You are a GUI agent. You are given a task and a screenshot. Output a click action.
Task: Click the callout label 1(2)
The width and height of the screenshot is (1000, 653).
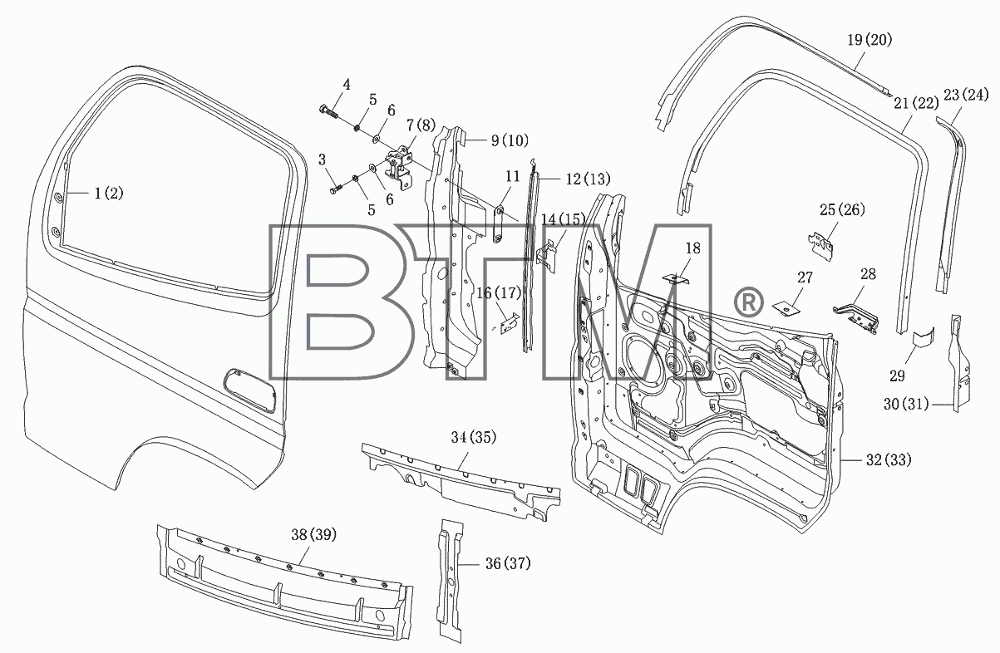coord(109,194)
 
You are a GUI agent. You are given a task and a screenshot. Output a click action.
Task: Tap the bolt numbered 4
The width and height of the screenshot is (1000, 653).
coord(328,111)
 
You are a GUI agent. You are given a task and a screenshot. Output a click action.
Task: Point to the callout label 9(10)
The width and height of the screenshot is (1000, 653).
coord(510,140)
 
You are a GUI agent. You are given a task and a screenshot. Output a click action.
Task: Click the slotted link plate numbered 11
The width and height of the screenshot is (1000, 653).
coord(499,224)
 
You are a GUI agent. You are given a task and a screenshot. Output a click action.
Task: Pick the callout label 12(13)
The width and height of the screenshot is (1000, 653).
coord(588,179)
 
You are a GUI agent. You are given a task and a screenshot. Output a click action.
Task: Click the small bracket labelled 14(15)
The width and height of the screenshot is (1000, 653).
coord(546,256)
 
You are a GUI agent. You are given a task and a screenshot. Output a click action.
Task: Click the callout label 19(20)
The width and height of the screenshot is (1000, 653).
coord(869,40)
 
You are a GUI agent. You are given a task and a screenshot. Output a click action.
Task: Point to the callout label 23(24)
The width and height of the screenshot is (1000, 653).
coord(966,95)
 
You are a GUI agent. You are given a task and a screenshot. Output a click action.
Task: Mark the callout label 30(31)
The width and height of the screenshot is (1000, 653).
coord(906,404)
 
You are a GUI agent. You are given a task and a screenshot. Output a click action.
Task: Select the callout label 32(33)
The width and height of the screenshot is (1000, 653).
coord(889,460)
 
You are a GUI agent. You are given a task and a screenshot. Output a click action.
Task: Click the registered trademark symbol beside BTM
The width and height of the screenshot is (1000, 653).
coord(749,302)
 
